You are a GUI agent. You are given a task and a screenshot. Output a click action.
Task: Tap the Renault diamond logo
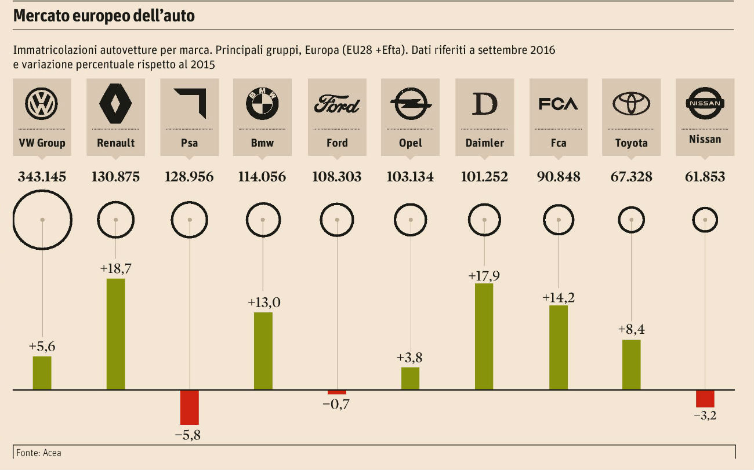point(115,104)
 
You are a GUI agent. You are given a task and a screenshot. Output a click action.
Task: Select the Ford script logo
point(337,105)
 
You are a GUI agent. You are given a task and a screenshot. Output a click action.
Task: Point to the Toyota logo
point(631,104)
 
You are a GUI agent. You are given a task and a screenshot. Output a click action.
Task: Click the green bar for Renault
point(115,334)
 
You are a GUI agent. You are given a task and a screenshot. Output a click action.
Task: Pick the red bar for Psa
point(189,407)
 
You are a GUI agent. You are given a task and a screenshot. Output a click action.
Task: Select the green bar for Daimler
point(484,336)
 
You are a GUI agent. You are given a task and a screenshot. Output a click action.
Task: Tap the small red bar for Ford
point(337,392)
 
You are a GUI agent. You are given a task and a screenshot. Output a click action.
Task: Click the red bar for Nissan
point(705,399)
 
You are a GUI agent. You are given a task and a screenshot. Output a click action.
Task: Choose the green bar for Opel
point(410,378)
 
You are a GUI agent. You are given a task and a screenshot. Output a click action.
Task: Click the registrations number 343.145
point(42,177)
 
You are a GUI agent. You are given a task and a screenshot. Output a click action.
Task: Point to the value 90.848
point(558,177)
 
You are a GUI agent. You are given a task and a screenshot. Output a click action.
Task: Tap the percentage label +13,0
point(263,303)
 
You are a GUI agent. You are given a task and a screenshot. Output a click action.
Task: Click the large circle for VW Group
point(42,220)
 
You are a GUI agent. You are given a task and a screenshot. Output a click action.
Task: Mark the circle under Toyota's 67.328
point(631,220)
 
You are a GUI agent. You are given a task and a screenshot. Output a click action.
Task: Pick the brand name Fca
point(558,143)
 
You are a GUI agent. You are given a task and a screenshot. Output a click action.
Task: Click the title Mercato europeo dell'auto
point(104,16)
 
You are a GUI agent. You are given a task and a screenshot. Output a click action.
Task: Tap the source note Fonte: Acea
point(39,453)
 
